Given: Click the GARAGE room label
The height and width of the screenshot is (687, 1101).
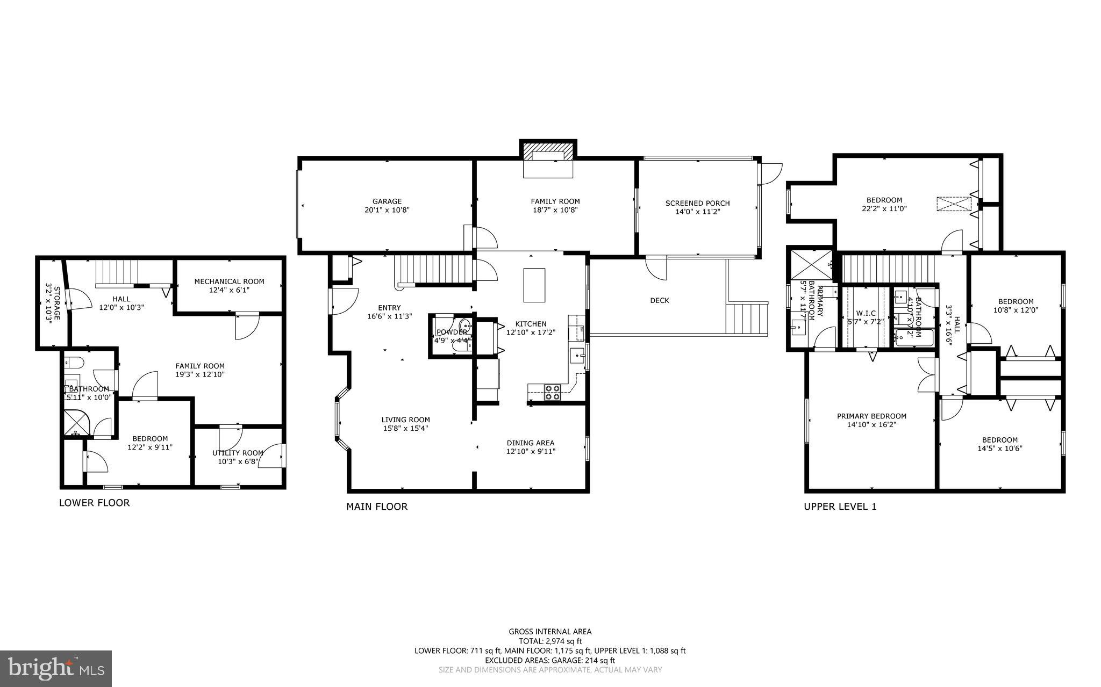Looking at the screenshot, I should tap(387, 202).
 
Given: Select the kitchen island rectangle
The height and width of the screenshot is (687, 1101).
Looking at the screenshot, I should tap(534, 285).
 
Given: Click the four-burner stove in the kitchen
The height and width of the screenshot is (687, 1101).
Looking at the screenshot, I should tap(553, 393).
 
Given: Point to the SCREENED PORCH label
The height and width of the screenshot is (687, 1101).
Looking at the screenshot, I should tap(697, 203).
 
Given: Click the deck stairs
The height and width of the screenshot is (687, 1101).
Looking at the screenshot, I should tap(746, 319).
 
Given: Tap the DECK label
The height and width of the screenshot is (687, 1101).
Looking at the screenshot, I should tap(659, 300).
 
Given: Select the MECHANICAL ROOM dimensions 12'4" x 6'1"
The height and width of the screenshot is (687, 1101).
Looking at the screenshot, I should tap(230, 290).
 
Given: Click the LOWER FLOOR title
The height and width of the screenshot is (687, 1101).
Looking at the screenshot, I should tap(94, 503).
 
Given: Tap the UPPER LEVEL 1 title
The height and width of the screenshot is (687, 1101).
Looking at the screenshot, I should tap(840, 506).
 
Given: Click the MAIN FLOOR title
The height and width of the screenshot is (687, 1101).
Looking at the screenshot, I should tap(377, 506).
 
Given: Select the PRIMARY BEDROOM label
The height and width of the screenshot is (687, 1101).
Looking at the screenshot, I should tap(871, 416).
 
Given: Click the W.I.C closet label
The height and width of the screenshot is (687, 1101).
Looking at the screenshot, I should tap(866, 313).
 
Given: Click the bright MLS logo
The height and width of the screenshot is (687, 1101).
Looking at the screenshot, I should tap(56, 668).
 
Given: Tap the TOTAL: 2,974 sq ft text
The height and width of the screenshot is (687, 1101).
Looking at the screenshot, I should tap(550, 641).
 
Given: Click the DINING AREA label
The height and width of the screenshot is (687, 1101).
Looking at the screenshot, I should tap(530, 443).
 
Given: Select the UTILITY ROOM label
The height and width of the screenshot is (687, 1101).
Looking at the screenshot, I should tap(238, 453).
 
